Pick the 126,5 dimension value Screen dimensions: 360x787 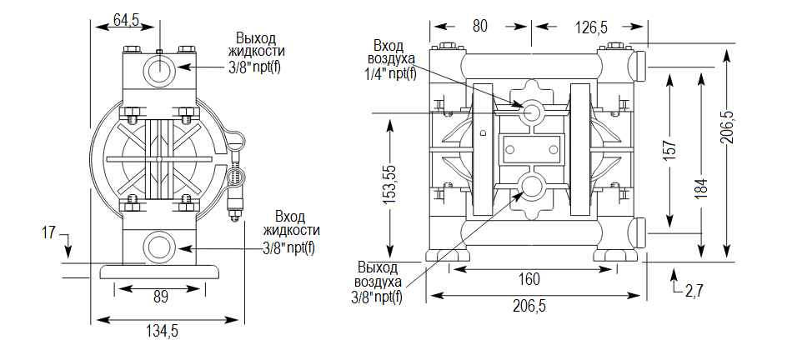point(590,27)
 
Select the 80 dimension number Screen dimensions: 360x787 point(479,26)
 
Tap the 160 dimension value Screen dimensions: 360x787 point(529,278)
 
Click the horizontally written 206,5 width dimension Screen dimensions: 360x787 point(528,306)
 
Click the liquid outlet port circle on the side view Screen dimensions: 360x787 point(158,67)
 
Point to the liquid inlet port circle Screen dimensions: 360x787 point(158,247)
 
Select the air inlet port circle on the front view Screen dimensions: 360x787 point(531,114)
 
